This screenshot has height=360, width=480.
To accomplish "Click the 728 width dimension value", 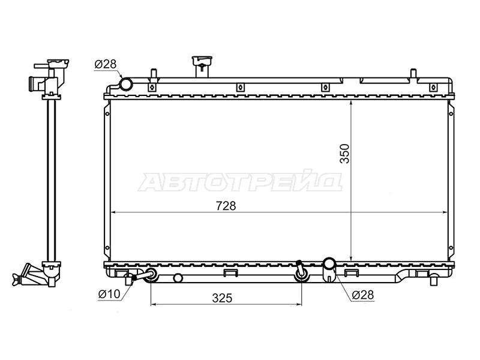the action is click(x=226, y=206).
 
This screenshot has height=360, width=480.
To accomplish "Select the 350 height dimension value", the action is click(x=344, y=154).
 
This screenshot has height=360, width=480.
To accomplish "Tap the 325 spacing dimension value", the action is click(x=222, y=298).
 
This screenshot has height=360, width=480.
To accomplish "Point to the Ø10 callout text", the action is click(x=109, y=294).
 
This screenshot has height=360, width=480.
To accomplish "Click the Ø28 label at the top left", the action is click(x=106, y=64).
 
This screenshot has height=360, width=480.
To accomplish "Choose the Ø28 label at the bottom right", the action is click(x=363, y=295).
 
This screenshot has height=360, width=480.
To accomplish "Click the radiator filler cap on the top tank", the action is click(x=202, y=67).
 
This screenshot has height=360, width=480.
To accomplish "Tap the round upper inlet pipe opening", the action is click(x=125, y=84).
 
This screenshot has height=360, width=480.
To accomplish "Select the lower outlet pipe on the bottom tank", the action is click(x=329, y=269).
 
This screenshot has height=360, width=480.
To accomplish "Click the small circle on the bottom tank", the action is click(x=178, y=278).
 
